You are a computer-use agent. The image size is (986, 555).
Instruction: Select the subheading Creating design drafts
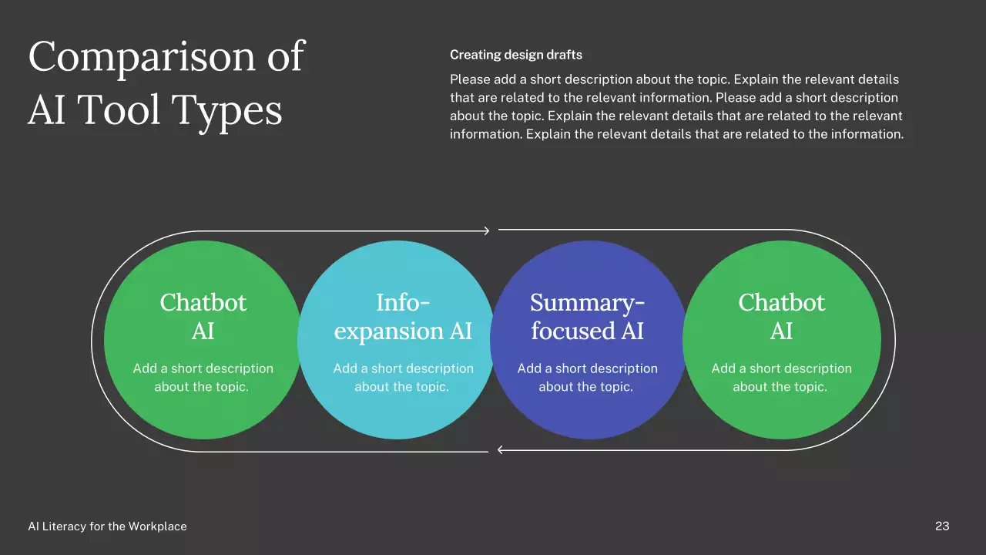(515, 55)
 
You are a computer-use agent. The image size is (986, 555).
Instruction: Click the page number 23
(942, 526)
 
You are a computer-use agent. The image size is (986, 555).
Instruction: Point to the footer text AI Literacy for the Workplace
(107, 526)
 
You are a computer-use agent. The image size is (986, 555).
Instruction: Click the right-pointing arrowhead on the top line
(486, 230)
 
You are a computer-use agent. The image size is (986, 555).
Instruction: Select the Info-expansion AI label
(403, 317)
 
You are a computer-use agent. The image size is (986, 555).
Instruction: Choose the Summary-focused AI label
(588, 317)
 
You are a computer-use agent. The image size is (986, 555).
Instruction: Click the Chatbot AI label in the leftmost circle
(203, 317)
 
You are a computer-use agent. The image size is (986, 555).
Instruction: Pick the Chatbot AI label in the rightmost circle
(781, 317)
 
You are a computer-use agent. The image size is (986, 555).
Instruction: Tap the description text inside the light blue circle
(403, 378)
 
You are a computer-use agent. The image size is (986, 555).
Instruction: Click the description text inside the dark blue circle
(587, 378)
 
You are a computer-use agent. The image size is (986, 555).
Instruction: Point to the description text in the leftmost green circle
(203, 378)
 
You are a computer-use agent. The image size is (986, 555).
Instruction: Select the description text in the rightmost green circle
(781, 378)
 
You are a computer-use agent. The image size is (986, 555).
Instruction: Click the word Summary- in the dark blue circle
(588, 302)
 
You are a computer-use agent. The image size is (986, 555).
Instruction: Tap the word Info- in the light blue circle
(403, 302)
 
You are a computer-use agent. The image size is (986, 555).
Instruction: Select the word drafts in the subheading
(564, 55)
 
